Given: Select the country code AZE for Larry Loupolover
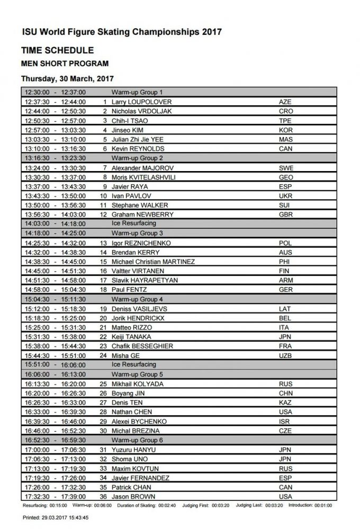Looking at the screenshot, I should coord(285,102).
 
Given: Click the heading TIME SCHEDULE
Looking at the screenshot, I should coord(57,51).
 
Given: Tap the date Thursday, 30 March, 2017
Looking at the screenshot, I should coord(67,78).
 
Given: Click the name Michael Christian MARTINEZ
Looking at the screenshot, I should coord(153,262).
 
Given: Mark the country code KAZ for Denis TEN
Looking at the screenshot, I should coord(285,402).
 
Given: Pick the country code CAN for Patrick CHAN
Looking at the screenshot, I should coord(285,487).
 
